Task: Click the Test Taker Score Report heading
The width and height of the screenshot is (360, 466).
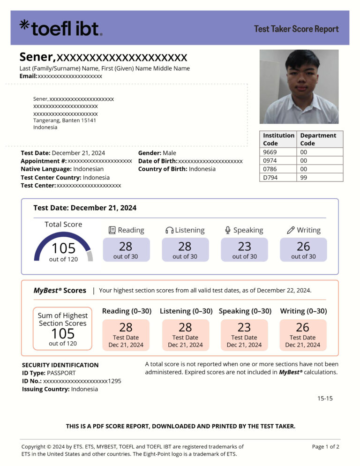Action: [x=296, y=29]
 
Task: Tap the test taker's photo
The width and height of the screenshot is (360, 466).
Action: [x=299, y=87]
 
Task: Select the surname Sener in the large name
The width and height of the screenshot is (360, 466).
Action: [x=37, y=57]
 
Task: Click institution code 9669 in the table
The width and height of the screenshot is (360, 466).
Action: [x=270, y=152]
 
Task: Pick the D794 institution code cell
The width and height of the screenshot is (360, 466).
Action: [x=270, y=177]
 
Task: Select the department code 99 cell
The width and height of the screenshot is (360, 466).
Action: [x=304, y=177]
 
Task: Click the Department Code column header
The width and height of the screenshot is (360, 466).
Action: [x=318, y=139]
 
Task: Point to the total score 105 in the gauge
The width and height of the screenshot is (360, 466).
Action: [x=63, y=248]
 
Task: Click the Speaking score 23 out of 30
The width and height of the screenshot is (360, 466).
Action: [x=244, y=249]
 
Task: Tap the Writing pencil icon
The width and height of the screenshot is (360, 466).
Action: [x=291, y=230]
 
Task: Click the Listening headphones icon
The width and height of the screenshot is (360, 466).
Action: [x=169, y=230]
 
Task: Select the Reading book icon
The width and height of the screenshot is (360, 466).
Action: [x=112, y=230]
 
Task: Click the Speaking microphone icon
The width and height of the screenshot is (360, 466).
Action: [x=228, y=230]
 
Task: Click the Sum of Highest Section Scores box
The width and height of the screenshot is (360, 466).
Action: [x=63, y=329]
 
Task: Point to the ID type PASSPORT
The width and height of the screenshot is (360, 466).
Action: [x=59, y=373]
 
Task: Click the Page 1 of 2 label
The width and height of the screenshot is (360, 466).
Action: [x=325, y=446]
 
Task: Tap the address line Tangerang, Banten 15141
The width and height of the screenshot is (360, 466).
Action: [x=65, y=120]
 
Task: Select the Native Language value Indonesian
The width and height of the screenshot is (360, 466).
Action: [x=88, y=169]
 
